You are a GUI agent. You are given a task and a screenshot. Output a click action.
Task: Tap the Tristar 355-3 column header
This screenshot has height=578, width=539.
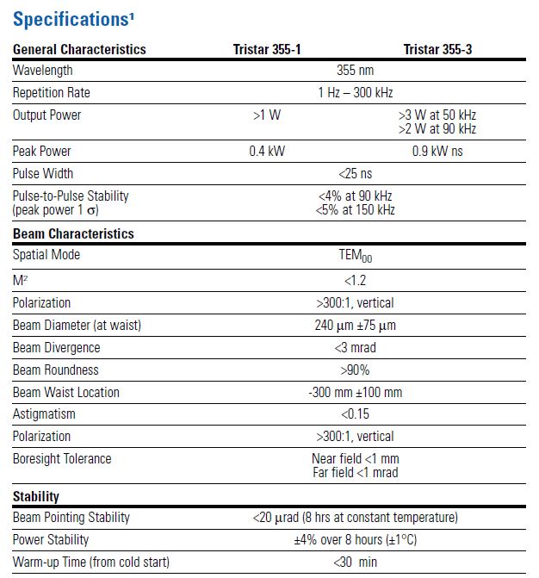coord(437,49)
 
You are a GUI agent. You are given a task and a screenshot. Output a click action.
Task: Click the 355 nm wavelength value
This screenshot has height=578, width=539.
coord(355,71)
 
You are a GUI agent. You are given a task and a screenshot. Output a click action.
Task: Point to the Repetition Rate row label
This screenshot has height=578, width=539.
coord(51,93)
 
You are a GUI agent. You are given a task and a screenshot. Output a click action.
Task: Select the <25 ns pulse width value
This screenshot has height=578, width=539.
coord(355,174)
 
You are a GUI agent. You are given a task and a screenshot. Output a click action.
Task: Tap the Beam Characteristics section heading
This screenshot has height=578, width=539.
coord(73,233)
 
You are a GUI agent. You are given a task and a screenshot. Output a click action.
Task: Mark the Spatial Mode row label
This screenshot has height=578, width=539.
coord(46,255)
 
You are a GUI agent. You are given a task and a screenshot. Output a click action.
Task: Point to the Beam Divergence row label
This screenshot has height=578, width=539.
coord(56,348)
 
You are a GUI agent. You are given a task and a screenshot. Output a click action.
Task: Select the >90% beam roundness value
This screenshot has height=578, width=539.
coord(355,370)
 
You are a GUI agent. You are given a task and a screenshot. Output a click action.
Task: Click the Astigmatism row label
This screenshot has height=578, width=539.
coord(44,414)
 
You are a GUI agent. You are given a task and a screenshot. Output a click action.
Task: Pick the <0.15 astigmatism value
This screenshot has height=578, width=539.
coord(355,414)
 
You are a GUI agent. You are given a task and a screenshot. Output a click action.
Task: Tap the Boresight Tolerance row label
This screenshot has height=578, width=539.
coord(61,459)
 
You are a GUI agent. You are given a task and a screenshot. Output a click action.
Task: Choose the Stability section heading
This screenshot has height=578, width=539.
coord(35,497)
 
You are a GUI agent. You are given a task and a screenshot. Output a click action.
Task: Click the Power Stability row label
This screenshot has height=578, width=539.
coord(51,540)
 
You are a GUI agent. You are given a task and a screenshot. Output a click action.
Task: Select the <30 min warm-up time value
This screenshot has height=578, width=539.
coord(355,562)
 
